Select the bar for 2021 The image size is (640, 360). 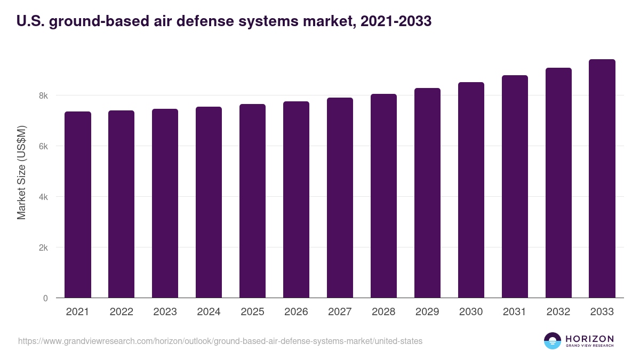78,205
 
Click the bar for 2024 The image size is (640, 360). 209,203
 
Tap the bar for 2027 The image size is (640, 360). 340,198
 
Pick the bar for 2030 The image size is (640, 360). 471,190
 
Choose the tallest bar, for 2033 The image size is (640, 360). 602,179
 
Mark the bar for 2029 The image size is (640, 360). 427,193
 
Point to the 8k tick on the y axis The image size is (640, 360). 43,96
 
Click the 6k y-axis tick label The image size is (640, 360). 43,146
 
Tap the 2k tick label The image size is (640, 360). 43,247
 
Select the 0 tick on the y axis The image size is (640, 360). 45,298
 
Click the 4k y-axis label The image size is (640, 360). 43,197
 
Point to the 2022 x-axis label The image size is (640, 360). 121,312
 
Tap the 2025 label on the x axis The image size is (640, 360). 252,312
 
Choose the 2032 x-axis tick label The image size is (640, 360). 558,312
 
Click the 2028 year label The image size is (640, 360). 383,312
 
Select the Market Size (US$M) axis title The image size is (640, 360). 21,172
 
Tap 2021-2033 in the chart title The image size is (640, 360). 396,21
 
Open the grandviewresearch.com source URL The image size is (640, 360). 220,341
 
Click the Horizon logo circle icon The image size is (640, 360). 552,341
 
